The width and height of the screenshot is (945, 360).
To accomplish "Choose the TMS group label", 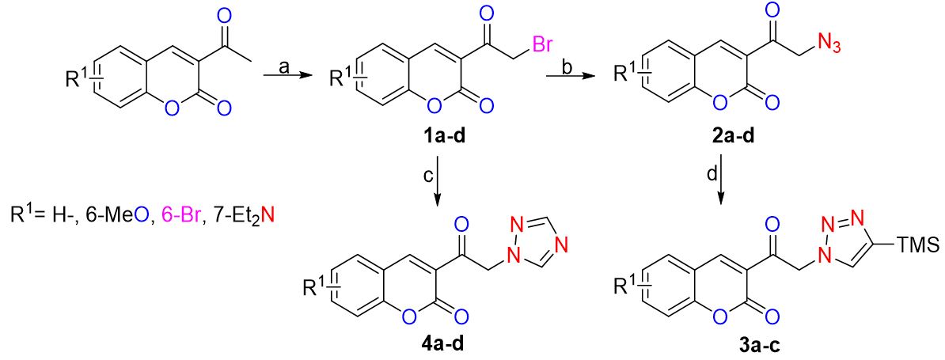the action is click(x=918, y=245).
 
